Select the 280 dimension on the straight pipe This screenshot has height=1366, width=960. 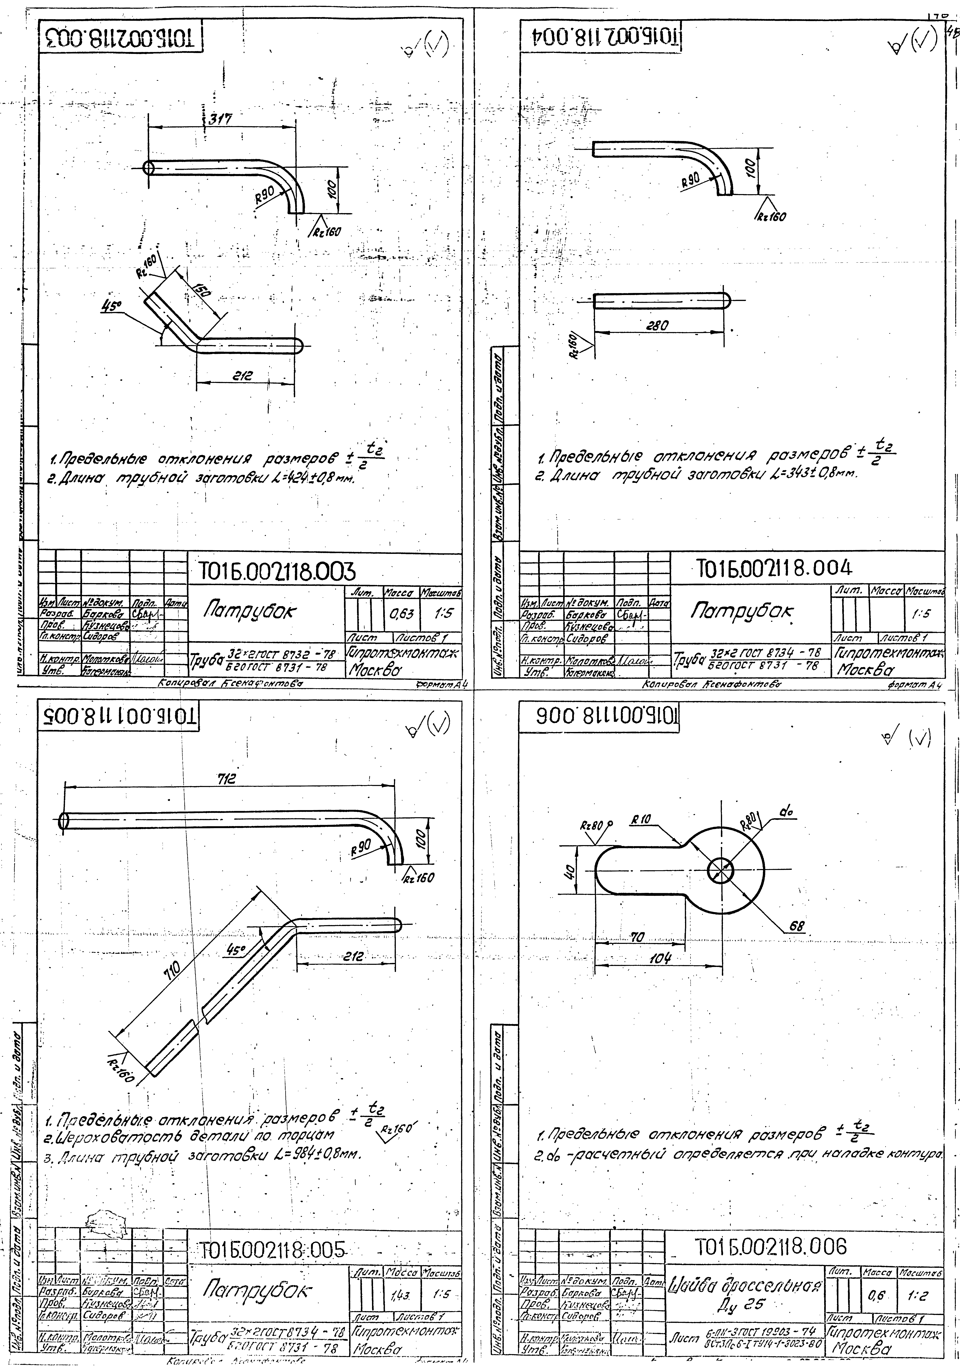658,325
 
